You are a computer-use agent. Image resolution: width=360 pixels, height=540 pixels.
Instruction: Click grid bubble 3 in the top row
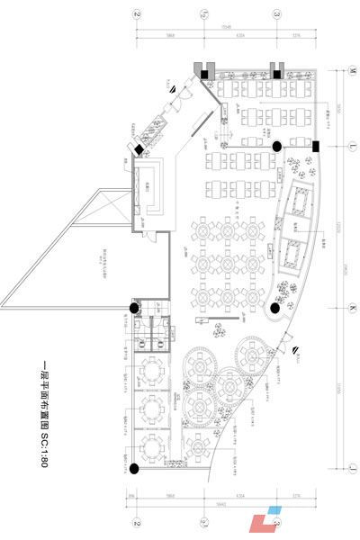276,15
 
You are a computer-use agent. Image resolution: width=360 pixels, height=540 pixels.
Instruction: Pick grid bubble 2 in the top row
136,15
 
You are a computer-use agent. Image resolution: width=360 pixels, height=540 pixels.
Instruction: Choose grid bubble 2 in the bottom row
137,522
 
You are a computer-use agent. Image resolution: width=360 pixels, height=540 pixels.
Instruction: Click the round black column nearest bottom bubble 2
135,465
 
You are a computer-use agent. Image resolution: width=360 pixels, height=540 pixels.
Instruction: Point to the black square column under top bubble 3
277,75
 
